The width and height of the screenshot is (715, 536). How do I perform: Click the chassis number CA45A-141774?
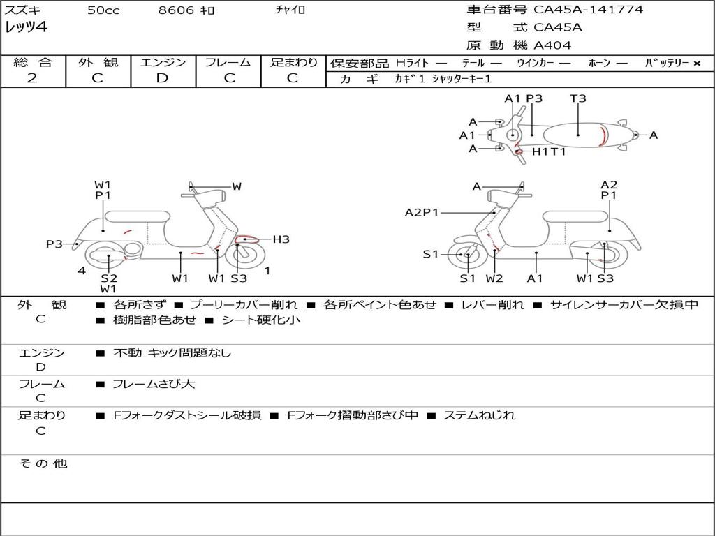(588, 10)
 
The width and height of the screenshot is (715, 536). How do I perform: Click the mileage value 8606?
(177, 10)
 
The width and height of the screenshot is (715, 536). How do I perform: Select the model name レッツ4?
(27, 28)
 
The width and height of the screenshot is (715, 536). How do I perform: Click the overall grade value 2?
(32, 78)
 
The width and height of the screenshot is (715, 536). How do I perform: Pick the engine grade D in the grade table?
(163, 78)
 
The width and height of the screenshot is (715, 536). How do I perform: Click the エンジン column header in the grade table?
(163, 62)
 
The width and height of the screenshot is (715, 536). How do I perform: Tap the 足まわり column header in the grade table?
(294, 62)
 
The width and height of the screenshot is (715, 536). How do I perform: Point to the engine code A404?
(552, 45)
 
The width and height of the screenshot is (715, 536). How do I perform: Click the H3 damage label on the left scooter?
(281, 239)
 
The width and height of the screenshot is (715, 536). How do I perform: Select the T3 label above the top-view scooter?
(578, 98)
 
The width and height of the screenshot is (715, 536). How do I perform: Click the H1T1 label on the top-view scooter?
(549, 151)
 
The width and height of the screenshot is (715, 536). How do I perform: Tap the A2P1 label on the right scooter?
(421, 212)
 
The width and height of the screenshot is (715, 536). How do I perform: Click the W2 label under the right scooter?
(494, 278)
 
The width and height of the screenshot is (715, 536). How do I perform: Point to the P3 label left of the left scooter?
(54, 244)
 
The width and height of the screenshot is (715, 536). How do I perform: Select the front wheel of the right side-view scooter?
(466, 255)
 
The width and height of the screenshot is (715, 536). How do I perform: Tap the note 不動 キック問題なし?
(172, 353)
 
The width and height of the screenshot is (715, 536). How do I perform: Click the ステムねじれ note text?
(479, 415)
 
